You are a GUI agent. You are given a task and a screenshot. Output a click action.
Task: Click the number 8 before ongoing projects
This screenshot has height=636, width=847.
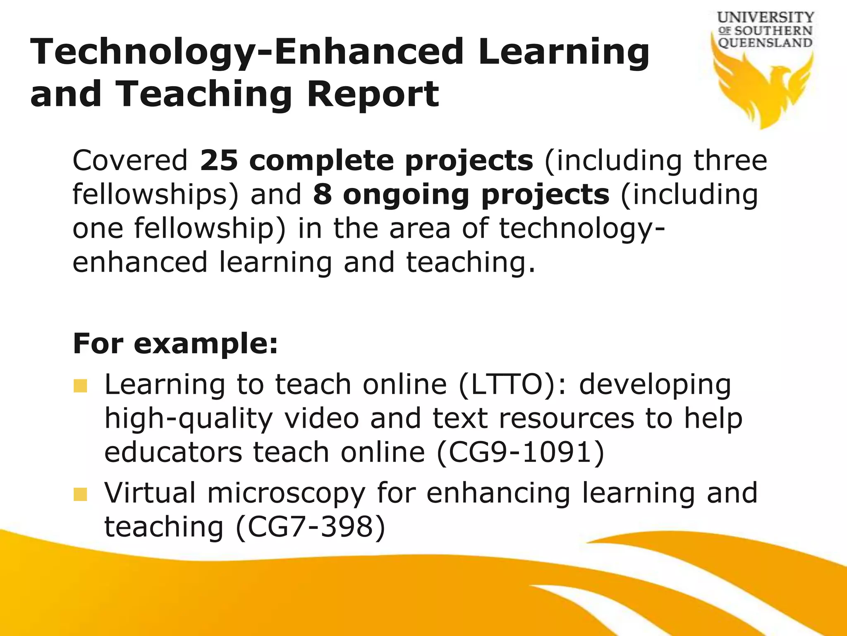click(323, 195)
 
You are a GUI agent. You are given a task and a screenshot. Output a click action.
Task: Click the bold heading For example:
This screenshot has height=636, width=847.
click(175, 344)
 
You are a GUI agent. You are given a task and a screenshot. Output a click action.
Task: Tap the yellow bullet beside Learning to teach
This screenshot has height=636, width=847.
click(81, 386)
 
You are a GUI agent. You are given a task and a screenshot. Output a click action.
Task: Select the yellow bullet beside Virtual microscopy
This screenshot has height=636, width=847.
click(81, 494)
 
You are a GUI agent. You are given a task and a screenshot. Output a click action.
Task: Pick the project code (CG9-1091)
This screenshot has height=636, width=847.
click(521, 452)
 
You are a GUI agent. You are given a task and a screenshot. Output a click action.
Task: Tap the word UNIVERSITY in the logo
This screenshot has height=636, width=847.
click(766, 18)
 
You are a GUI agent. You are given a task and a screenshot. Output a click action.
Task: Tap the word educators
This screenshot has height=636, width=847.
click(173, 452)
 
